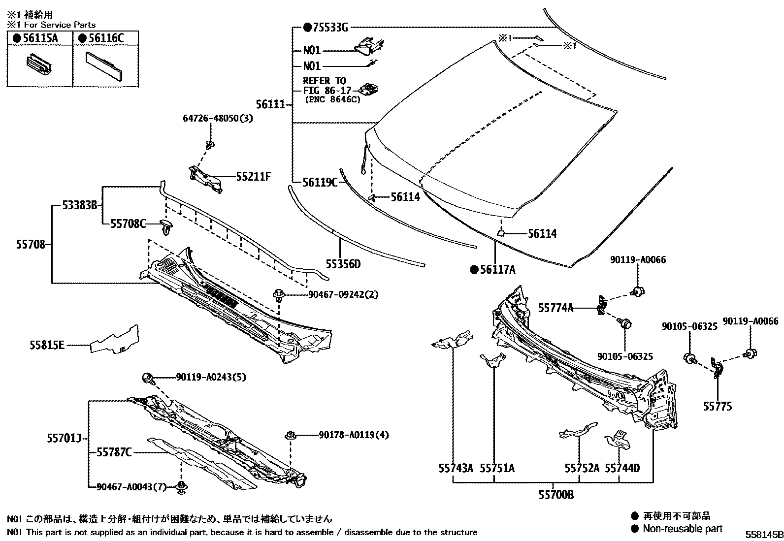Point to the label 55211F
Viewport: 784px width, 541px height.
click(254, 177)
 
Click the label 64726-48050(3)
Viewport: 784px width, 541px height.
click(218, 119)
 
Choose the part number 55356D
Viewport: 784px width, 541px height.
click(343, 264)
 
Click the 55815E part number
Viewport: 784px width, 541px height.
click(46, 346)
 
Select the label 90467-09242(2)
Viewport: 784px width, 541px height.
click(343, 294)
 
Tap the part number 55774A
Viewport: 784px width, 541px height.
click(556, 308)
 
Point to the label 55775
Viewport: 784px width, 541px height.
click(718, 406)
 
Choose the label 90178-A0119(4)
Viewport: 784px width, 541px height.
click(354, 435)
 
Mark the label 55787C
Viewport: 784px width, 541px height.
click(114, 452)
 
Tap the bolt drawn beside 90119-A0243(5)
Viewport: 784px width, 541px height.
click(148, 379)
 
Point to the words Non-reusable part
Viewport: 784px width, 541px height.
click(682, 529)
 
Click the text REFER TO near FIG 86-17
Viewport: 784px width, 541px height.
click(325, 81)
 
